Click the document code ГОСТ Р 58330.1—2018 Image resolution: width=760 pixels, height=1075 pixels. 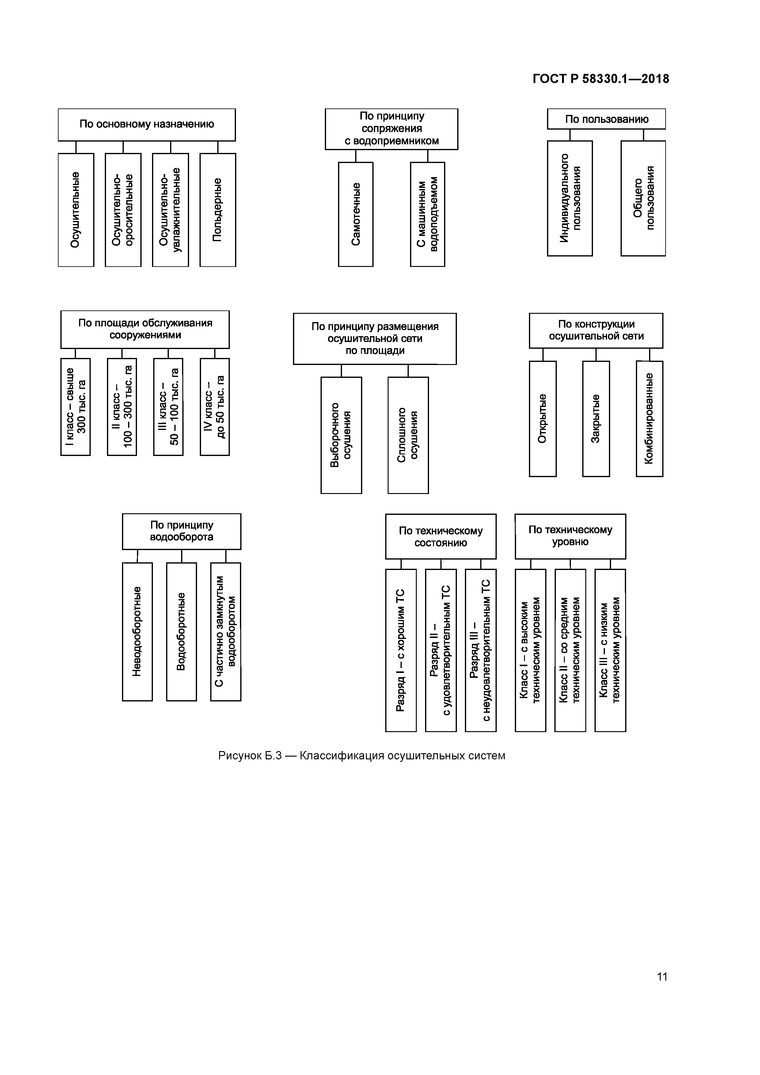(600, 79)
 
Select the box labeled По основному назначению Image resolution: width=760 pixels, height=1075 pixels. (146, 124)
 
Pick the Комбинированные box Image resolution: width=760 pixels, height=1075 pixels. (649, 419)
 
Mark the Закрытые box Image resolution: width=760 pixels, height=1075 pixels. (596, 419)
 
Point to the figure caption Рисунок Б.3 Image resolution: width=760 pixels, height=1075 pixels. (362, 756)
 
